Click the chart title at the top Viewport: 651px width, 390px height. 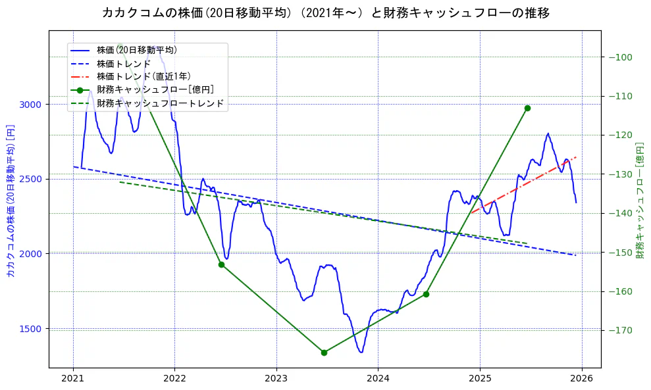325,12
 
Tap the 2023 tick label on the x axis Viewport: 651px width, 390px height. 276,378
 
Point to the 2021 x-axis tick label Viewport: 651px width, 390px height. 73,378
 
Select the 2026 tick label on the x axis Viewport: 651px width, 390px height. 582,378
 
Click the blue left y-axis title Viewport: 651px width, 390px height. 10,200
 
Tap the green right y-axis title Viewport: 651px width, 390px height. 640,200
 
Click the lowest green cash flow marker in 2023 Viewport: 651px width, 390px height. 324,353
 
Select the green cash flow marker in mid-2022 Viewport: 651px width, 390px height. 221,264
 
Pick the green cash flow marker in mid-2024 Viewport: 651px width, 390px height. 426,294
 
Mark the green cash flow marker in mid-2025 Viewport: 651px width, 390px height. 527,108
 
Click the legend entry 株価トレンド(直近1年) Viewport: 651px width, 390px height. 143,76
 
